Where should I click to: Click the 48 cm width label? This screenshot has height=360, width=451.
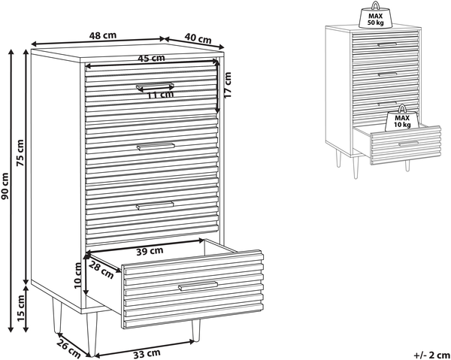point(103,35)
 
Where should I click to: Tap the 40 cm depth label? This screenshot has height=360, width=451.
point(198,38)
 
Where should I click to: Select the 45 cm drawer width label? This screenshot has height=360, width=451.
point(151,59)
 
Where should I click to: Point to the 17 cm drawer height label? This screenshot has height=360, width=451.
point(227,85)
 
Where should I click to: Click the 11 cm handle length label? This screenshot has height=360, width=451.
point(161,95)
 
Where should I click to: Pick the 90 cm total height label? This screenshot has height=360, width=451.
point(5,186)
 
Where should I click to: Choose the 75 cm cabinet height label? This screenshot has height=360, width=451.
point(20,153)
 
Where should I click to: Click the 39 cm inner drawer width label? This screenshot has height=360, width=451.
point(150,251)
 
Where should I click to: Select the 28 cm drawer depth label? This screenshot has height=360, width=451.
point(101,270)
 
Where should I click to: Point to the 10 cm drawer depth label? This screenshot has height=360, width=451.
point(77,276)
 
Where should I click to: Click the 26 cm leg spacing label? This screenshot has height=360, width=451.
point(68,349)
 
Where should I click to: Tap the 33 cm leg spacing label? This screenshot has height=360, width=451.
point(147,353)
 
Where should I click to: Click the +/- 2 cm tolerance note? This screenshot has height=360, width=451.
point(431,355)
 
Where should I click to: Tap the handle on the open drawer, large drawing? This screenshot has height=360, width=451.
point(198,286)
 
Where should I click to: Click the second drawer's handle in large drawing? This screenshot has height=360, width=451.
point(156,147)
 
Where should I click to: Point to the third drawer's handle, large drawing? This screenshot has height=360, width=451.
point(155,205)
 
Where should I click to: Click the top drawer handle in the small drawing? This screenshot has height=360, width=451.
point(387,44)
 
